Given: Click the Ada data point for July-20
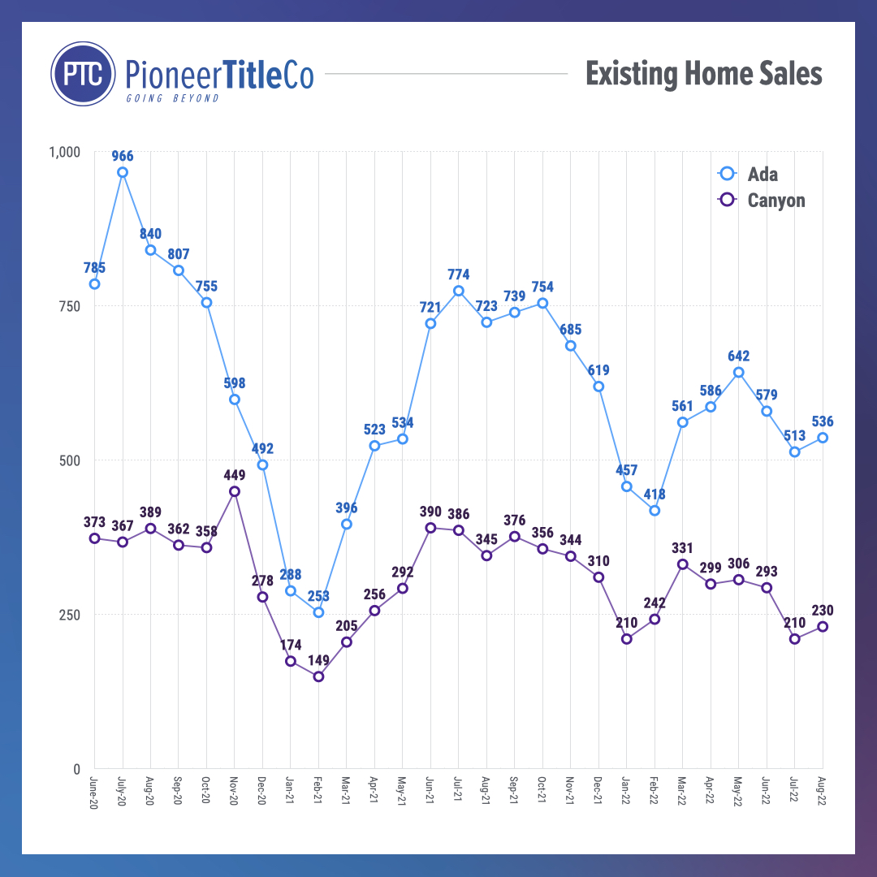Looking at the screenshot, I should tap(123, 172).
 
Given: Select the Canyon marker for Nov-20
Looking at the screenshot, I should tap(235, 491).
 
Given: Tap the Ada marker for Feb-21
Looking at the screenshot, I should tap(318, 612).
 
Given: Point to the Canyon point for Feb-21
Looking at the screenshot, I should tap(318, 676).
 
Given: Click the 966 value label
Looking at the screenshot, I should tap(123, 156).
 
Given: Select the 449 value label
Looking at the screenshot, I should tap(235, 475).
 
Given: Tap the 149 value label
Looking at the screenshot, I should tap(318, 660).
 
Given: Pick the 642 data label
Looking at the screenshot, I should tap(738, 356).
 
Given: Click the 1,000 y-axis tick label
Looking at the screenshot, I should tap(64, 152).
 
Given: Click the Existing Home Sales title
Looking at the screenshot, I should tap(703, 75).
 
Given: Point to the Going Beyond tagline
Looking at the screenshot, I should tap(172, 98).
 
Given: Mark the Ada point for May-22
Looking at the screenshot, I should tap(738, 373).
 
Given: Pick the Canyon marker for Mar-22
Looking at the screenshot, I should tap(683, 564).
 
